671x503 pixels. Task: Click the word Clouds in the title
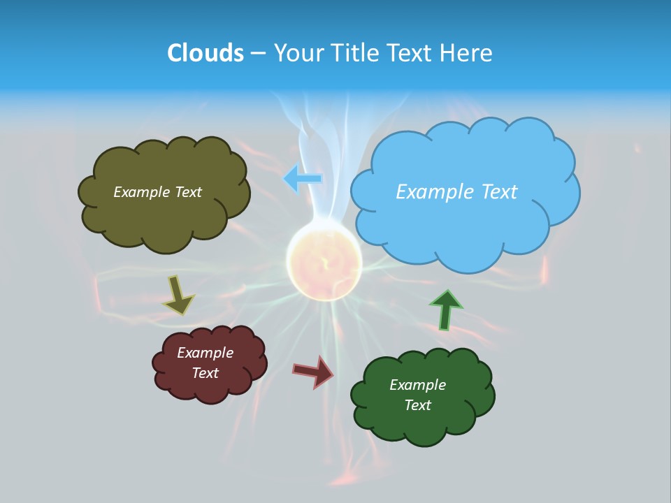click(205, 53)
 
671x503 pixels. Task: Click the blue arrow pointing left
click(303, 179)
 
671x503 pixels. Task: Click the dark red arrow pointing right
click(314, 372)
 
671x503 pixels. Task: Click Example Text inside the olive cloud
click(157, 192)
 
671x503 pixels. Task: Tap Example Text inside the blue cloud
click(456, 192)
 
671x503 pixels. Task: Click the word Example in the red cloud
click(205, 353)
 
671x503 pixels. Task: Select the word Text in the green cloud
click(417, 405)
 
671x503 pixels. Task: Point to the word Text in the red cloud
click(205, 373)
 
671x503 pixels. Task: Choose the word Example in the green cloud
click(417, 385)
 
